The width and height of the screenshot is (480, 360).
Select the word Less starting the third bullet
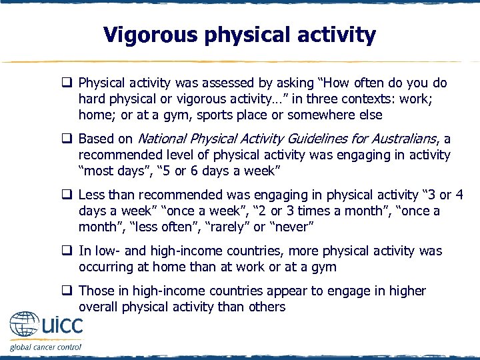tap(91, 195)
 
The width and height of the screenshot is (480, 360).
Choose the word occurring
tap(104, 267)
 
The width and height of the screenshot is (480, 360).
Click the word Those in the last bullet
tap(95, 291)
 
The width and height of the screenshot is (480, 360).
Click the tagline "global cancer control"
tap(45, 347)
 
